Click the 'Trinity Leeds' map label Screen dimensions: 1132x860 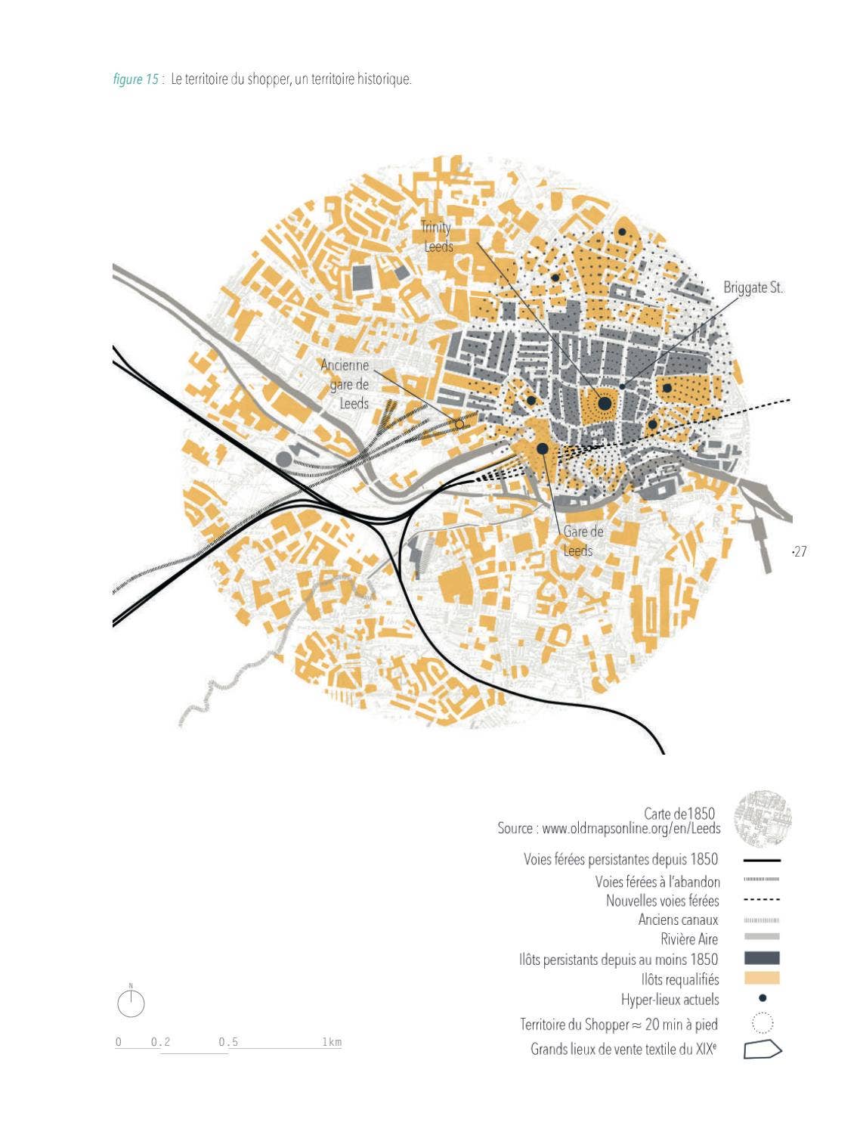tap(437, 237)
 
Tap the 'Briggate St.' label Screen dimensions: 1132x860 tap(753, 287)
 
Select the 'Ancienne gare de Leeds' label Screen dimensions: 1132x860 tap(346, 384)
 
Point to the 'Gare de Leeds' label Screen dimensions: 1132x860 tap(582, 541)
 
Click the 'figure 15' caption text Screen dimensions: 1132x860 tap(136, 79)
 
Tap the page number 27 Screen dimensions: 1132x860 tap(800, 551)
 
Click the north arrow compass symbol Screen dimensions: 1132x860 tap(131, 1003)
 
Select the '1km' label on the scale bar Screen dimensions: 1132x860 tap(332, 1042)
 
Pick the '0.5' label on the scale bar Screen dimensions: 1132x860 tap(228, 1042)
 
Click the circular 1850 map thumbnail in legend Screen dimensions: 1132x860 tap(763, 819)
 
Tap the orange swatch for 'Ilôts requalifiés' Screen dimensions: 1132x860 tap(762, 978)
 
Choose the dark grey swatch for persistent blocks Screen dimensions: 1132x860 tap(762, 958)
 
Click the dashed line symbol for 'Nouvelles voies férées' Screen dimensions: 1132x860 tap(762, 900)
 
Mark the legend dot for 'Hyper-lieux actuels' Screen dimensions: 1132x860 tap(763, 998)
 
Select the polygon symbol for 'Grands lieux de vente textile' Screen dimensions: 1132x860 tap(763, 1050)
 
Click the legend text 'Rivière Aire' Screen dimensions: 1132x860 tap(689, 939)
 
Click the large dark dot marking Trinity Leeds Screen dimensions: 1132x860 tap(605, 404)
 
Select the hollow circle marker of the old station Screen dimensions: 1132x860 tap(459, 424)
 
